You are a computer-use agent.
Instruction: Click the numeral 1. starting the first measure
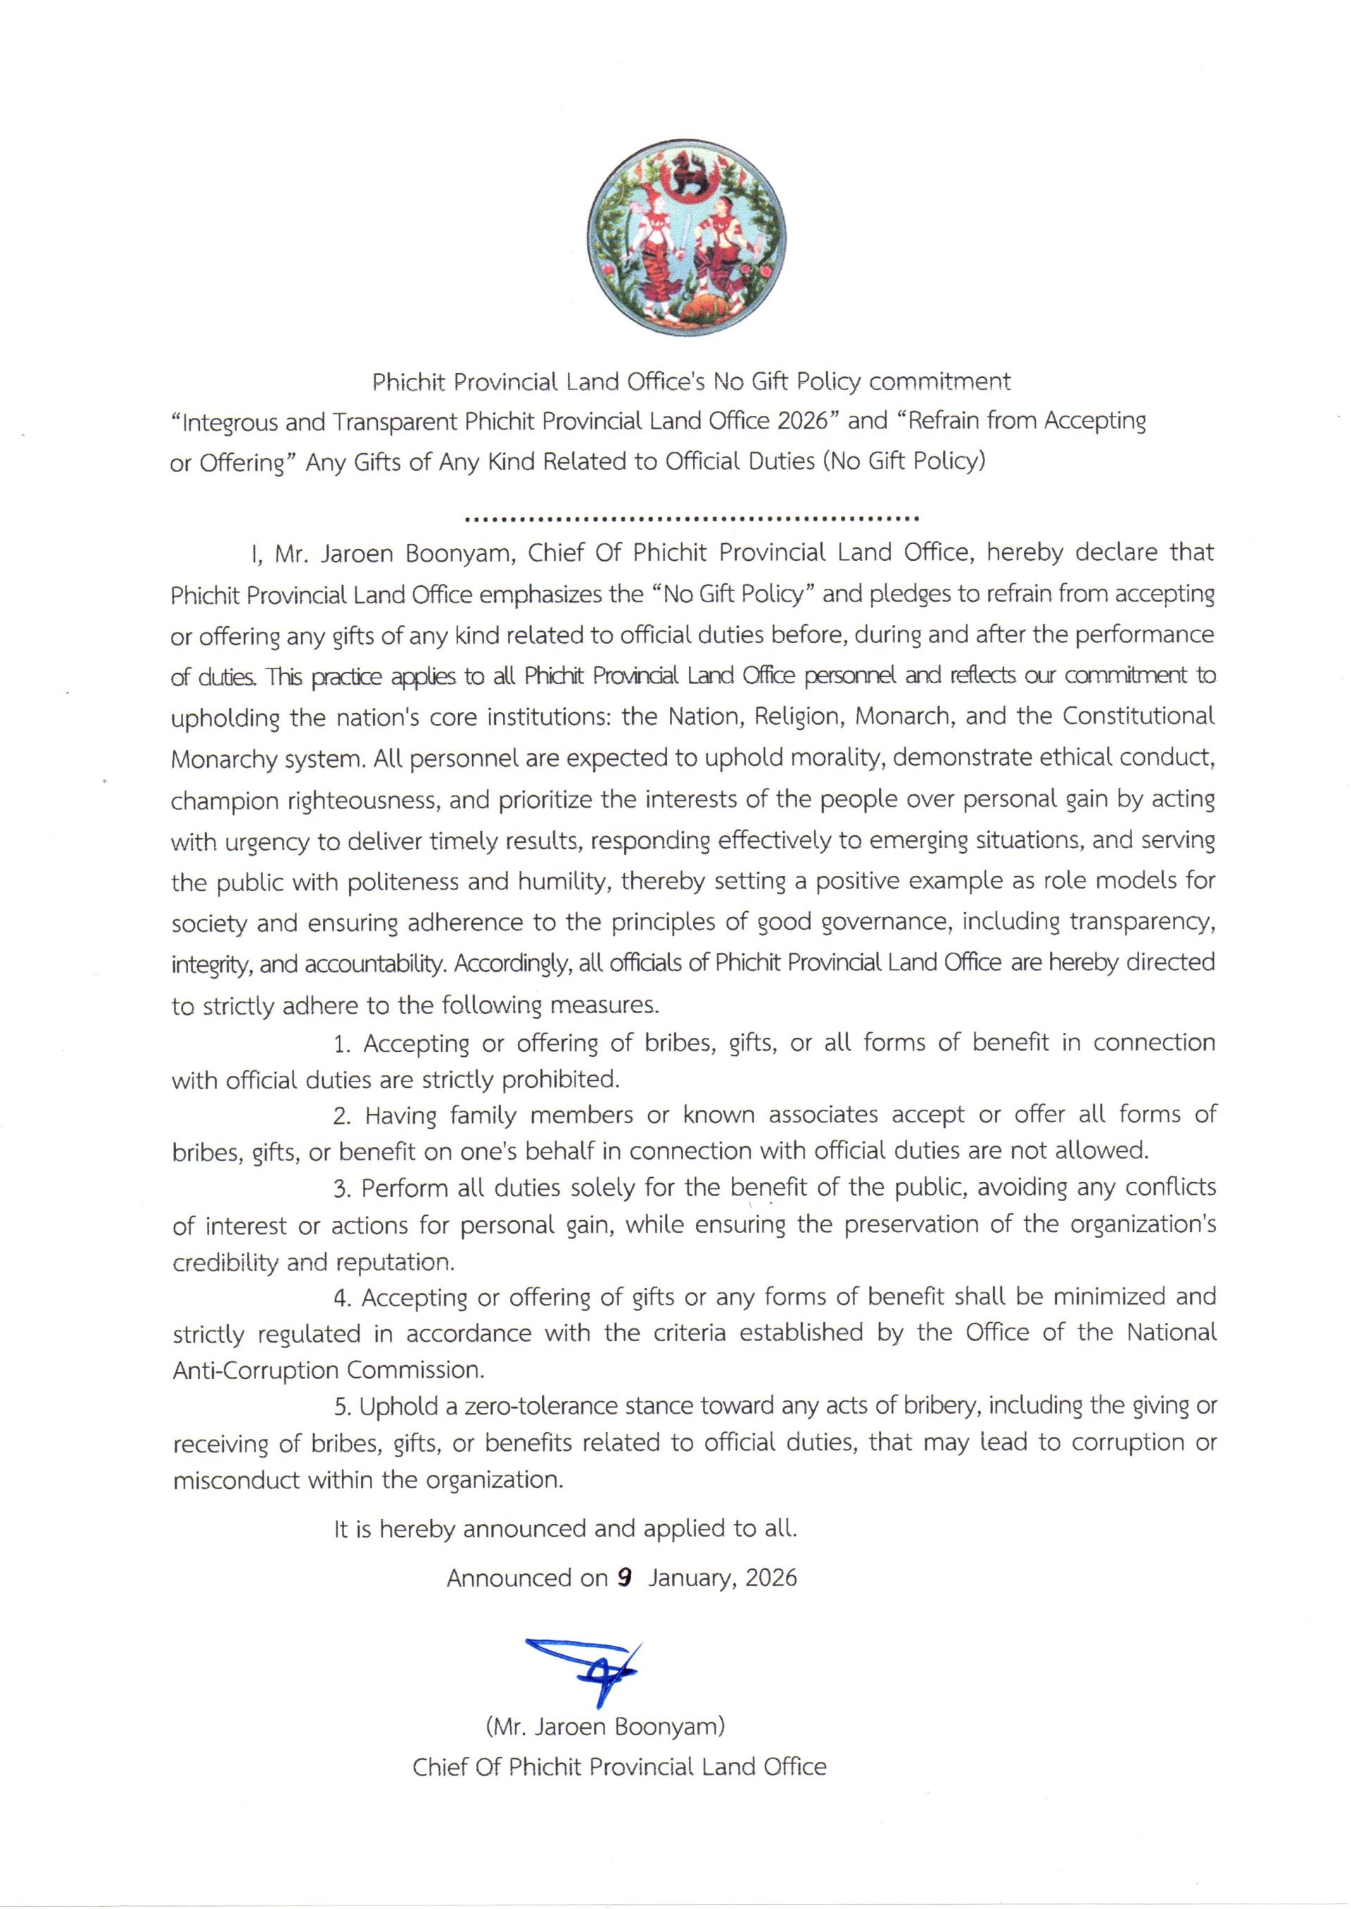tap(343, 1043)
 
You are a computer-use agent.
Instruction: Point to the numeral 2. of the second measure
tap(343, 1115)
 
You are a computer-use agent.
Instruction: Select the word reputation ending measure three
tap(395, 1262)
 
